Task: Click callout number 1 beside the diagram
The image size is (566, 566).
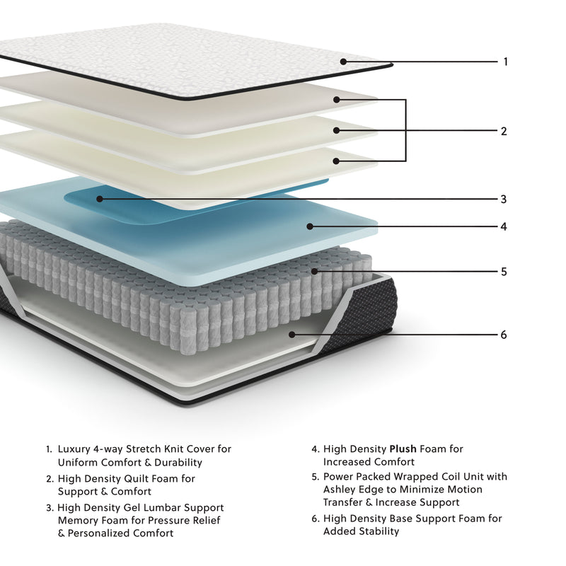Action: click(x=505, y=62)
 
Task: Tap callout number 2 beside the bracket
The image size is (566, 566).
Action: click(x=503, y=131)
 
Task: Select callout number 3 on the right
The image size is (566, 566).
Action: click(x=503, y=200)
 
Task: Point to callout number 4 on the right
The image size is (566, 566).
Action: click(x=504, y=227)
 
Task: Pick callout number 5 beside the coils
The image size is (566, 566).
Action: click(x=504, y=272)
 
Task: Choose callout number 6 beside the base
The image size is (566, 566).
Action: click(x=504, y=335)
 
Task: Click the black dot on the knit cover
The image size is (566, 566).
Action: click(x=343, y=62)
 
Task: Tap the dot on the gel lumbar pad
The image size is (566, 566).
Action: click(x=100, y=199)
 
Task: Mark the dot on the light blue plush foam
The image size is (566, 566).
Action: click(x=309, y=226)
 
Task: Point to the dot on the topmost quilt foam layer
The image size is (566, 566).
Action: click(x=337, y=100)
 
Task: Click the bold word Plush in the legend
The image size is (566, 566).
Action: click(x=403, y=449)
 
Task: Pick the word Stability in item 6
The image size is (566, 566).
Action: click(x=376, y=531)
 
